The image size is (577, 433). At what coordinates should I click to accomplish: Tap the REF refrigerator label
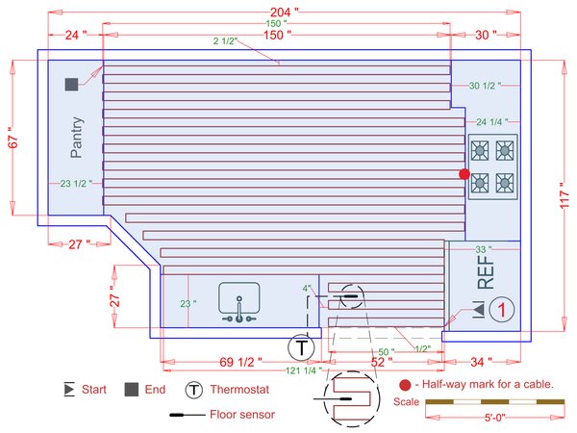pos(486,272)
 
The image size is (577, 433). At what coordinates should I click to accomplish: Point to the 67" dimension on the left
pos(13,140)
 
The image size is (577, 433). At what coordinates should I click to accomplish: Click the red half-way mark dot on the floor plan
pos(464,174)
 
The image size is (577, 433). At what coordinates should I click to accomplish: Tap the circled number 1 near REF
pos(503,309)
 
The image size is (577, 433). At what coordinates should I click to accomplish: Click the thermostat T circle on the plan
pos(302,346)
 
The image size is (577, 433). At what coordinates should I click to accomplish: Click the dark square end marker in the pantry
pos(71,85)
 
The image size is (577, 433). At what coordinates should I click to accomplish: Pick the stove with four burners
pos(491,166)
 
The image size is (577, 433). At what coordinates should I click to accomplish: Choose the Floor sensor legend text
pos(242,416)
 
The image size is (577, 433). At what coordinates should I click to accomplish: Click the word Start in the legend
pos(93,390)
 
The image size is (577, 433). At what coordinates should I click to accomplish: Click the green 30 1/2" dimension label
pos(486,87)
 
